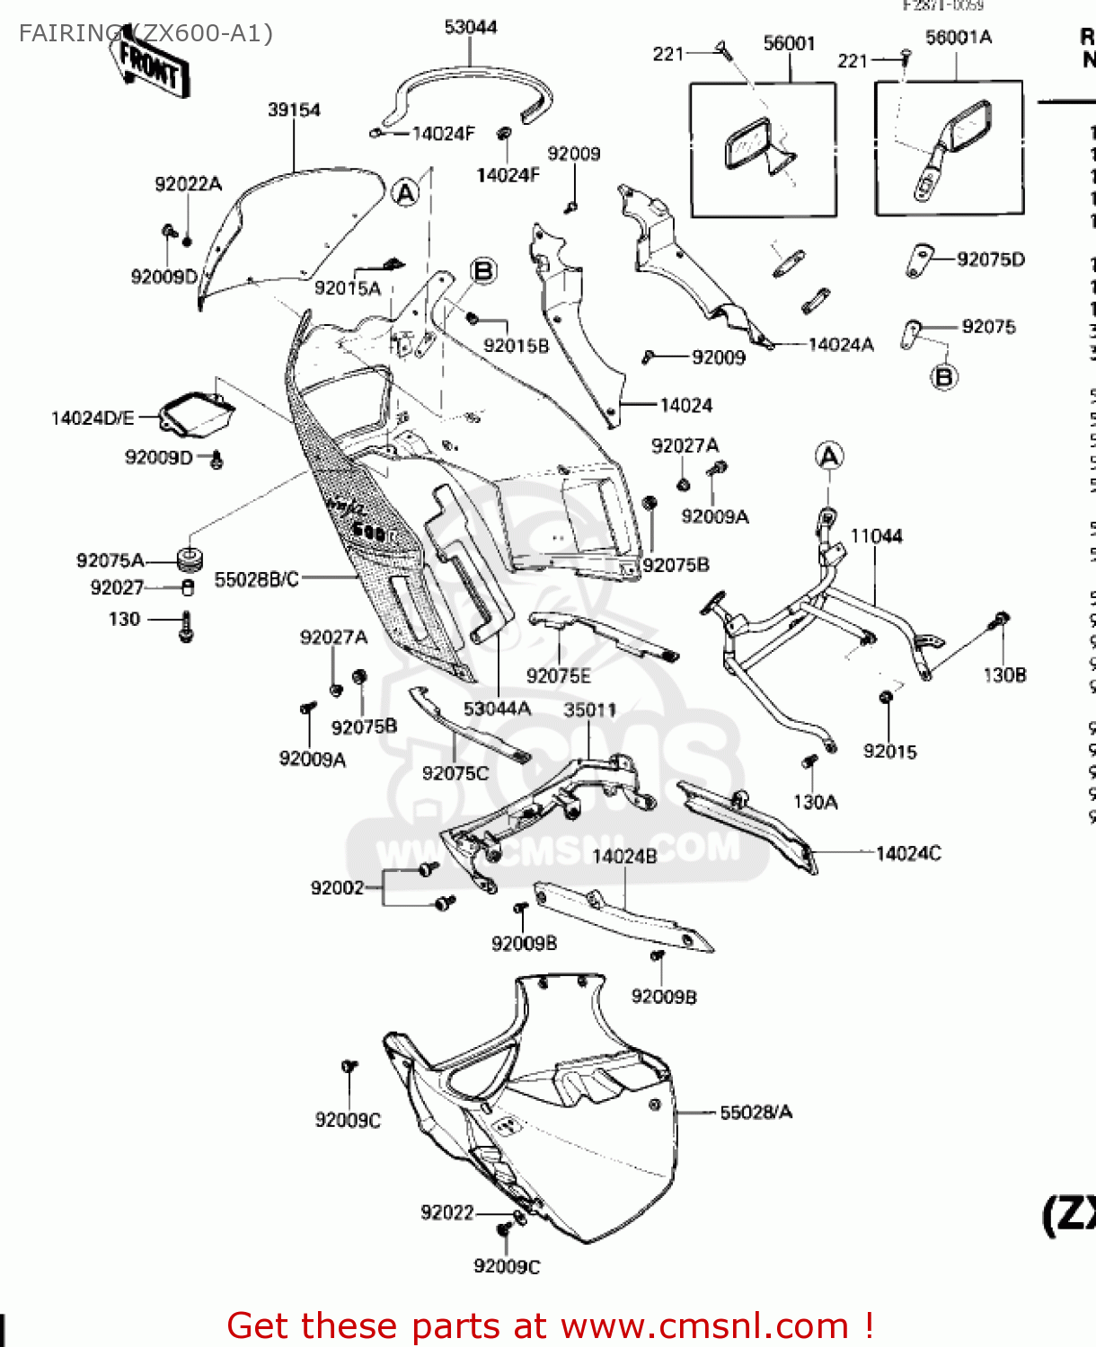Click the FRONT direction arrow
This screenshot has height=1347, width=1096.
pyautogui.click(x=151, y=65)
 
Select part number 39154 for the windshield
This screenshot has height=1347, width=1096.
pyautogui.click(x=294, y=110)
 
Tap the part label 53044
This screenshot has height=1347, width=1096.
pyautogui.click(x=471, y=27)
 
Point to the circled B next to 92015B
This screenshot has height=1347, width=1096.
pyautogui.click(x=483, y=270)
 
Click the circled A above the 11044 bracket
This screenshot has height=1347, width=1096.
pyautogui.click(x=829, y=456)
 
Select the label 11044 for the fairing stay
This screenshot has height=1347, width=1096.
pyautogui.click(x=876, y=536)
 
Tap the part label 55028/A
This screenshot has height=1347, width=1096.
pyautogui.click(x=756, y=1113)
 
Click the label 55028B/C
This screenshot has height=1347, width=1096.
pyautogui.click(x=256, y=579)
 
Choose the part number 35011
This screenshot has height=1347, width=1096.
pyautogui.click(x=589, y=709)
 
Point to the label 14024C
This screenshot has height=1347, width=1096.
pyautogui.click(x=908, y=853)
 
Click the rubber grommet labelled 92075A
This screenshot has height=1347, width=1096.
pyautogui.click(x=189, y=559)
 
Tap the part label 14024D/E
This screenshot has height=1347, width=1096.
pyautogui.click(x=93, y=418)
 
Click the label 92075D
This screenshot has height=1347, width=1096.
pyautogui.click(x=990, y=260)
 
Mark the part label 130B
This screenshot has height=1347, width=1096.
pyautogui.click(x=1004, y=674)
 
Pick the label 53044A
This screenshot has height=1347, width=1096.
pyautogui.click(x=497, y=709)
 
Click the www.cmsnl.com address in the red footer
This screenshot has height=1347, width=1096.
pyautogui.click(x=704, y=1325)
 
